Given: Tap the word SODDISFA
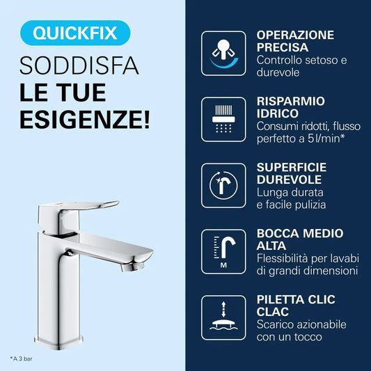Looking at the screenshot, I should [x=79, y=68].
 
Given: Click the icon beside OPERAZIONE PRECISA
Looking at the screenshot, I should [x=223, y=53].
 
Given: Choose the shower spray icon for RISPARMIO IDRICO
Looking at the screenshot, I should [x=223, y=119].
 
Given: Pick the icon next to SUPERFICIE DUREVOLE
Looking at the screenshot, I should [x=223, y=185].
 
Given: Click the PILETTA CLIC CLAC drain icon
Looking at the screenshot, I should [x=223, y=317].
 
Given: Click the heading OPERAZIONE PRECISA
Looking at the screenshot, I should [x=294, y=41].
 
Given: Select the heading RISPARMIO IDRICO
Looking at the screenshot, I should [x=289, y=106].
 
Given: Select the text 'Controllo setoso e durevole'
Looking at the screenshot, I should [x=301, y=67].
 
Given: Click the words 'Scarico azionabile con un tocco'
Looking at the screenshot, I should [x=301, y=331].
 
